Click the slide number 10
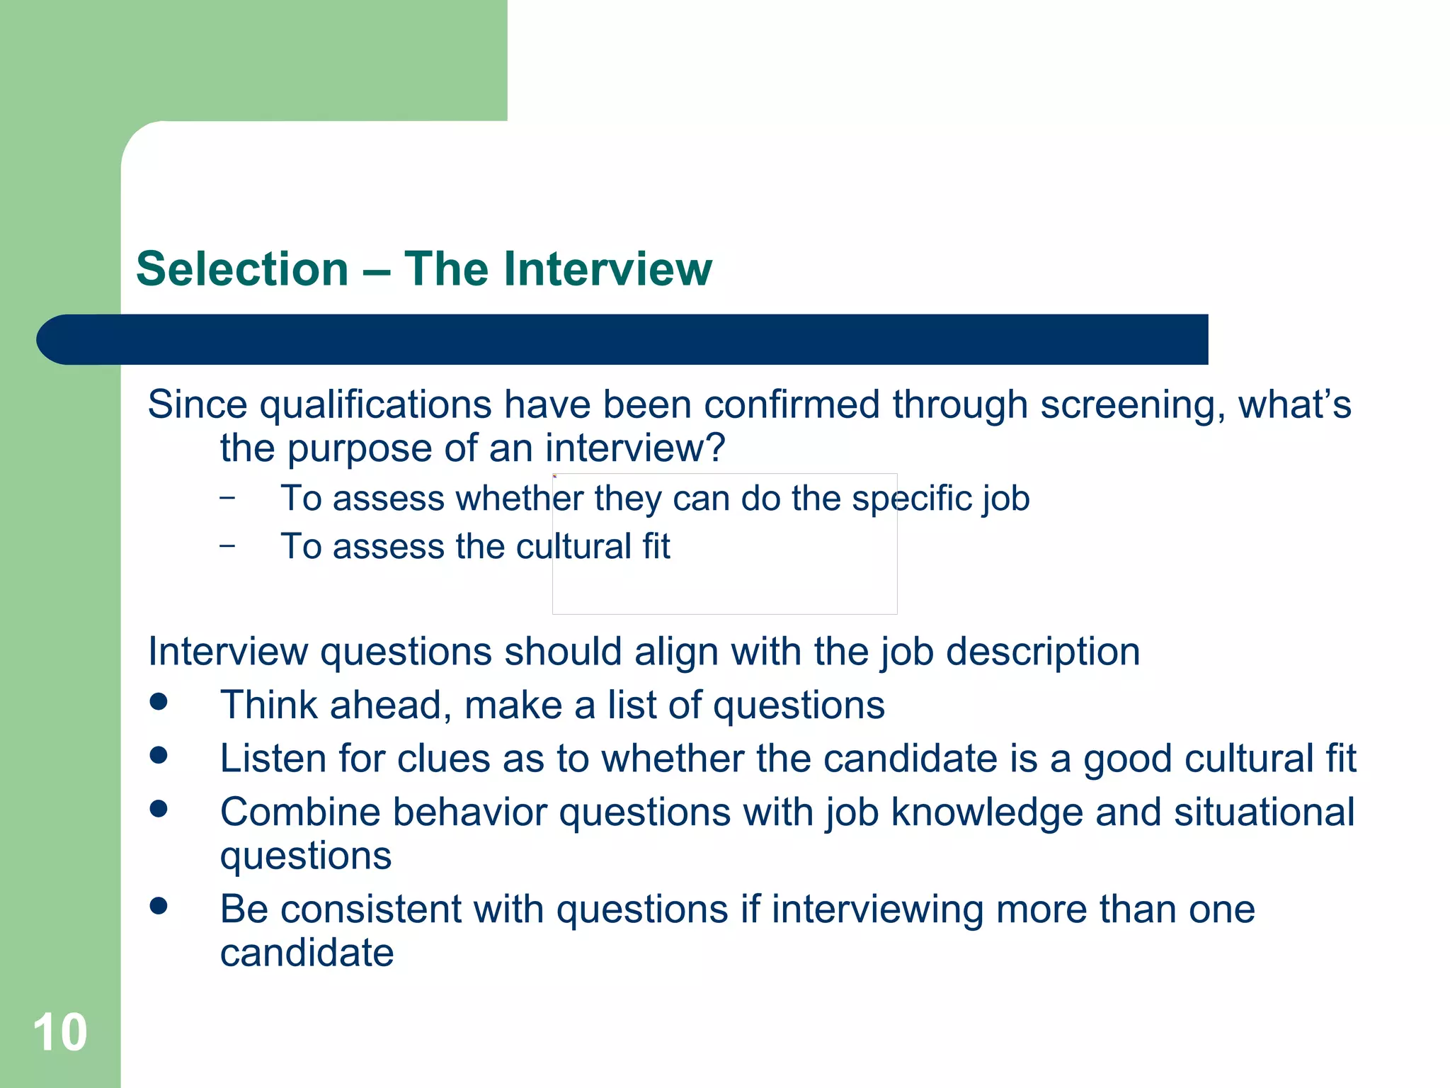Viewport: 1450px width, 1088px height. [x=60, y=1033]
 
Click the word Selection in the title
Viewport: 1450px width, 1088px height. [x=242, y=269]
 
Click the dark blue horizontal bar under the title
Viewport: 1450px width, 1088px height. [x=623, y=339]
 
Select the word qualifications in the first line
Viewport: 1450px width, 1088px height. [x=375, y=406]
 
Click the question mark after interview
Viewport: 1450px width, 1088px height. [x=716, y=448]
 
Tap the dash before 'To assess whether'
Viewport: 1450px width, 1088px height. [x=227, y=498]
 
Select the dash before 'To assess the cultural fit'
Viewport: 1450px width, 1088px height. [x=227, y=546]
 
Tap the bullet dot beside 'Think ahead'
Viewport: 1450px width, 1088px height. [x=159, y=701]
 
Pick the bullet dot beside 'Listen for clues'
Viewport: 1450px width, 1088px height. [x=159, y=755]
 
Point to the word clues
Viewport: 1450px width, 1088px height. [x=444, y=759]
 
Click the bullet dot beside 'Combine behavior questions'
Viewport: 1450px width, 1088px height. [x=159, y=808]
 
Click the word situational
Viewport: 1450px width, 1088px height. [x=1265, y=812]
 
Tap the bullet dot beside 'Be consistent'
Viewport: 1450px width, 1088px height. [x=159, y=905]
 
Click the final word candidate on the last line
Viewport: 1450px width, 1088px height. [x=307, y=953]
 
